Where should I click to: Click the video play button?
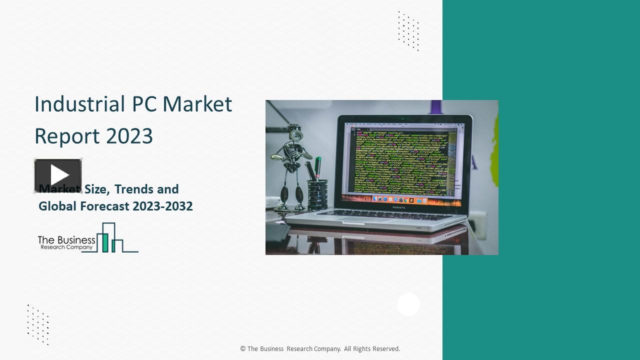coord(58,175)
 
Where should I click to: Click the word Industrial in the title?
coord(79,104)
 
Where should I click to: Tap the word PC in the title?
coord(144,104)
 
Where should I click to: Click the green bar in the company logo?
coord(105,242)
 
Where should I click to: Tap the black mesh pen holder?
coord(317,194)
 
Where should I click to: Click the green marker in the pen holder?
coord(318,168)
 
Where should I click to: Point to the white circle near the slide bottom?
coord(408,304)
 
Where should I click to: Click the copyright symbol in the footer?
coord(243,349)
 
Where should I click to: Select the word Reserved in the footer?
coord(385,349)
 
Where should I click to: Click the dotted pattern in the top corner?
coord(408,31)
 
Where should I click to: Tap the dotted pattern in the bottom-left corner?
coord(38,324)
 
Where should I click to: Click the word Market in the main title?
coord(197,104)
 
